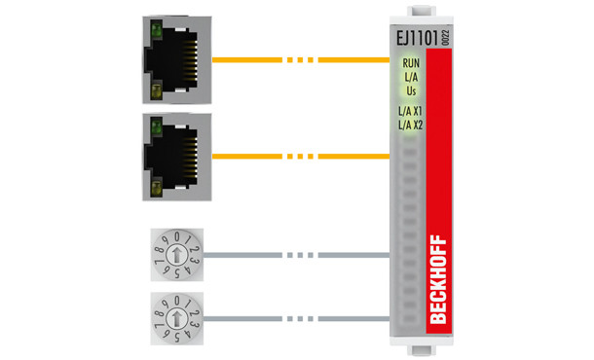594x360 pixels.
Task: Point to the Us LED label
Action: tap(410, 90)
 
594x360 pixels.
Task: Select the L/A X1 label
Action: tap(410, 112)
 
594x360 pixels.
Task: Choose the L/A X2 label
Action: tap(410, 125)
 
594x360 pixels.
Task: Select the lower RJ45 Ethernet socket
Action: tap(175, 155)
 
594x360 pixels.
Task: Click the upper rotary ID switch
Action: tap(174, 255)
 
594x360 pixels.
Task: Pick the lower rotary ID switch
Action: tap(174, 315)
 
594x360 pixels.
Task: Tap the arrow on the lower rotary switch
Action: tap(174, 315)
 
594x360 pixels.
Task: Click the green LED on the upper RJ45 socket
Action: tap(153, 31)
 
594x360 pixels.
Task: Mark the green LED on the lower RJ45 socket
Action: tap(153, 126)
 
